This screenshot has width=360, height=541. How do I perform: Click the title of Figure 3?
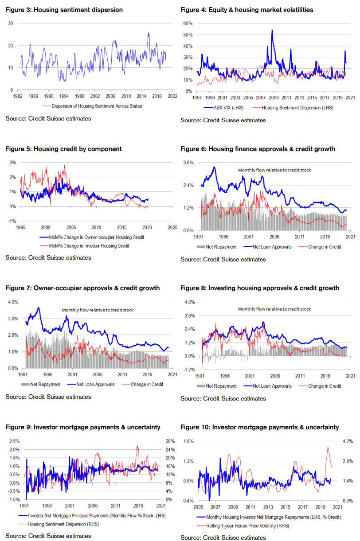(64, 9)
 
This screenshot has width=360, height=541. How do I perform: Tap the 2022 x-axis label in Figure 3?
(172, 96)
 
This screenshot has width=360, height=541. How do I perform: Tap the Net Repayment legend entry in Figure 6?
(221, 247)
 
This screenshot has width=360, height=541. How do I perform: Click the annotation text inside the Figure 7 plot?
(98, 310)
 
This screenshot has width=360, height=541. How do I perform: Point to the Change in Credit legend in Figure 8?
(325, 386)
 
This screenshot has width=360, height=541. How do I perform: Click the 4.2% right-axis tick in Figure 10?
(347, 441)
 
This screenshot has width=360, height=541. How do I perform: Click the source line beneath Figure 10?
(223, 537)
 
